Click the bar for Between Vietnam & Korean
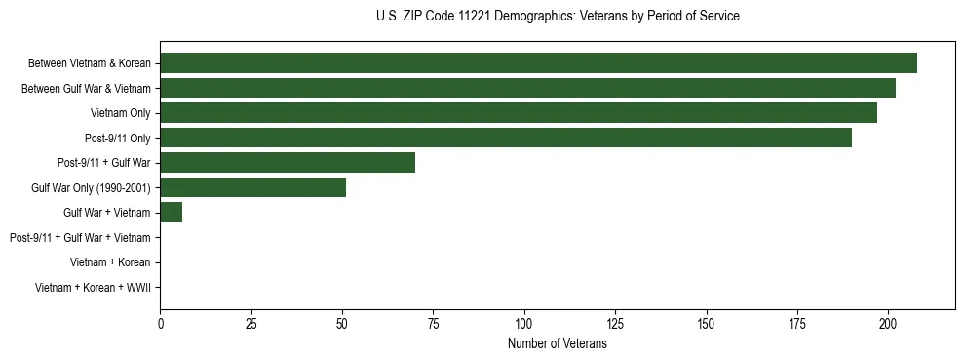tap(538, 63)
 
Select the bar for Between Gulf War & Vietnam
tap(527, 88)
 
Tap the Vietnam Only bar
tap(519, 113)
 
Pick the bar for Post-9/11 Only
tap(506, 138)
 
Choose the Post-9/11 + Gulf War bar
tap(288, 163)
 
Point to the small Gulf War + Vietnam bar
tap(172, 213)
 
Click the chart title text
tap(558, 17)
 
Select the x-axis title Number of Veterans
tap(558, 344)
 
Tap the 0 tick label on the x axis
tap(161, 324)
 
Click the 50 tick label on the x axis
tap(342, 324)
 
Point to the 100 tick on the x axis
tap(524, 324)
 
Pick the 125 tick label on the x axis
tap(615, 324)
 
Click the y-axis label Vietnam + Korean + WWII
tap(93, 288)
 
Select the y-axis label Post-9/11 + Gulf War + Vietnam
tap(80, 238)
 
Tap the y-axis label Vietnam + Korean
tap(110, 262)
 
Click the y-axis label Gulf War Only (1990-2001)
tap(91, 187)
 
